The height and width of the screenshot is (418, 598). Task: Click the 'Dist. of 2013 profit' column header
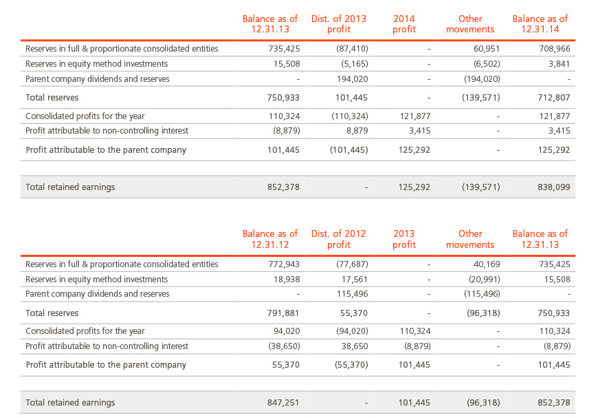pyautogui.click(x=339, y=24)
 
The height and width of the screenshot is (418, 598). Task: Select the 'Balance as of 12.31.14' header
pyautogui.click(x=540, y=24)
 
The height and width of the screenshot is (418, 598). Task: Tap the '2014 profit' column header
pyautogui.click(x=404, y=24)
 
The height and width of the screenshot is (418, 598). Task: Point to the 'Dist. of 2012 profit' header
pyautogui.click(x=339, y=239)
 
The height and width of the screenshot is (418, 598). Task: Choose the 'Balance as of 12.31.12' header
pyautogui.click(x=270, y=239)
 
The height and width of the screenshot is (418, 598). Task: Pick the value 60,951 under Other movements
pyautogui.click(x=487, y=48)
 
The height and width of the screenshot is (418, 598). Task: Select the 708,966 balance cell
pyautogui.click(x=555, y=48)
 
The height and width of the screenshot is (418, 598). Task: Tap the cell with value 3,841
pyautogui.click(x=559, y=64)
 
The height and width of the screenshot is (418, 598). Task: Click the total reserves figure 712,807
pyautogui.click(x=554, y=97)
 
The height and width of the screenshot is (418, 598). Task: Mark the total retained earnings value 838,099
pyautogui.click(x=554, y=187)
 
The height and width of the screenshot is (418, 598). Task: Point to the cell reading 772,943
pyautogui.click(x=284, y=264)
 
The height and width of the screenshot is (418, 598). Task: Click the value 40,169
pyautogui.click(x=487, y=264)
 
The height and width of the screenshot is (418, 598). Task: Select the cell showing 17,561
pyautogui.click(x=355, y=280)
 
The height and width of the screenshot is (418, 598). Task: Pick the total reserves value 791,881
pyautogui.click(x=283, y=313)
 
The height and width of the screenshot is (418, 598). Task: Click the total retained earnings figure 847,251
pyautogui.click(x=283, y=402)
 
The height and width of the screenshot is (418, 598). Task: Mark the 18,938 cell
pyautogui.click(x=287, y=280)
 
